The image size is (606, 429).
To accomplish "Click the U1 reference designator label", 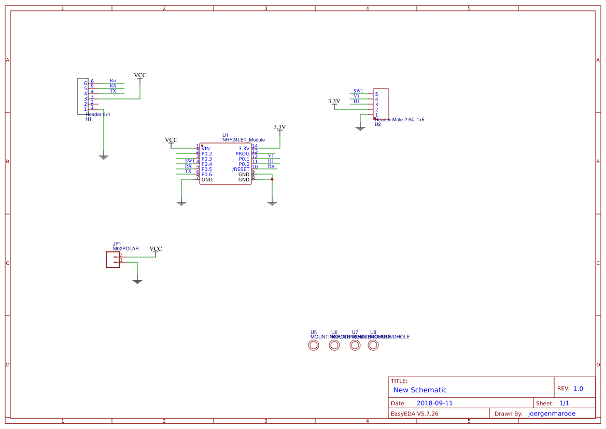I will [225, 135].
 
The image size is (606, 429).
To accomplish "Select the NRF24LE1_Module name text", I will [243, 140].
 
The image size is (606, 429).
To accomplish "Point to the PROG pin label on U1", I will [242, 154].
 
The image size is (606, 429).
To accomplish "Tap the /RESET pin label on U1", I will [241, 169].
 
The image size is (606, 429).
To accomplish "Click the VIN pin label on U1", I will [206, 149].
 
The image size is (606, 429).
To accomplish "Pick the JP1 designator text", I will [117, 244].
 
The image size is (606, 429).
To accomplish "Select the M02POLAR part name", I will [125, 249].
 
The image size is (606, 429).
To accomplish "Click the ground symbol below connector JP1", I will [137, 281].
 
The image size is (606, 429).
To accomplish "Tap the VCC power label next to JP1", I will [156, 249].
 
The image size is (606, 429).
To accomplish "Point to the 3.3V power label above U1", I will [279, 127].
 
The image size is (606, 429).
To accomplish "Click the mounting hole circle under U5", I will [314, 346].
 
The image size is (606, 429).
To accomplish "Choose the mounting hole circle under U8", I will [373, 346].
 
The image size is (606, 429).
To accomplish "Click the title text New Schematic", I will [420, 390].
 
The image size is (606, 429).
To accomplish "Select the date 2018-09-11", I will [434, 403].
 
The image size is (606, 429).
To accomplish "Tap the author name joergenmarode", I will [552, 413].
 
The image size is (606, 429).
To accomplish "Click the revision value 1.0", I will [578, 389].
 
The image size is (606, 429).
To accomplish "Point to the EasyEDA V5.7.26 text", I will [414, 413].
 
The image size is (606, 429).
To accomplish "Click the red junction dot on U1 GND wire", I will [272, 179].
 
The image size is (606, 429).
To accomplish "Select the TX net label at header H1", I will [113, 91].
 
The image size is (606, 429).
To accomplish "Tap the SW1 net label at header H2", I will [358, 91].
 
